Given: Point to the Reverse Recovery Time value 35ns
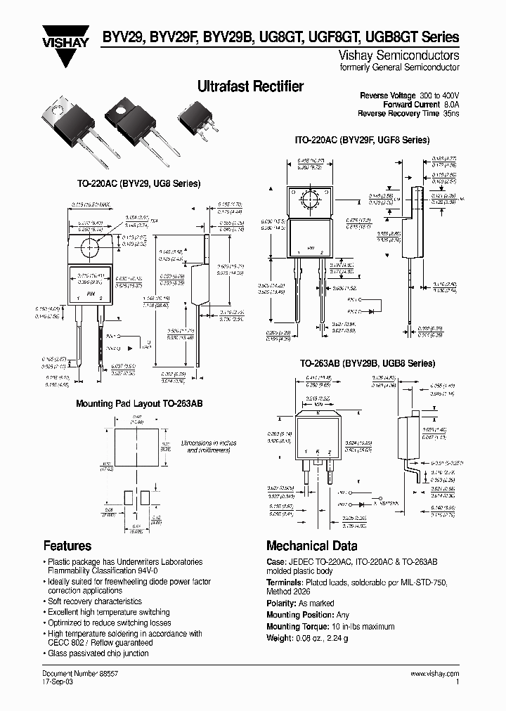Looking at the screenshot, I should point(450,113).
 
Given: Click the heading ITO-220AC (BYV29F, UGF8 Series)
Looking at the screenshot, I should point(362,141).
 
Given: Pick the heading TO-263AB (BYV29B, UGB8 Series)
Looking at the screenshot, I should point(363,363).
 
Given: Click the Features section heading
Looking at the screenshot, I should point(67,545).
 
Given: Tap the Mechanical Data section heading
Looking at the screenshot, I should point(311,546).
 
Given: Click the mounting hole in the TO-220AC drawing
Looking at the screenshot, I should point(90,247).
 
